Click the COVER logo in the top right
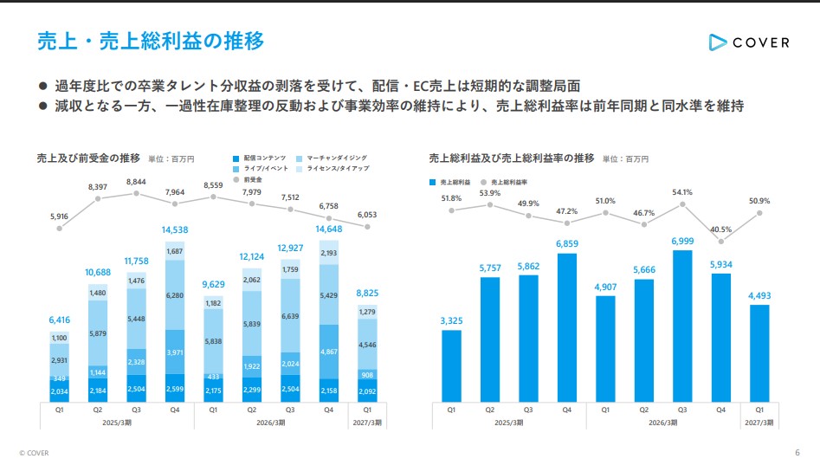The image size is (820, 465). coord(749,42)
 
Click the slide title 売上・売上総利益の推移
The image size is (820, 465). coord(151,41)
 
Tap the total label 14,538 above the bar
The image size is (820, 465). coord(175,229)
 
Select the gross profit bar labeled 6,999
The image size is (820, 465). coord(682,326)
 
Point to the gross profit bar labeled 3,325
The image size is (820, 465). coord(451,366)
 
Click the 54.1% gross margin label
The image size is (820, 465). coord(682,192)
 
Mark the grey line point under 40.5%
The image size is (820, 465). coord(721,242)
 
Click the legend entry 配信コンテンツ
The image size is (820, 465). coord(260,158)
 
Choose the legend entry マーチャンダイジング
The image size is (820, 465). coord(332,158)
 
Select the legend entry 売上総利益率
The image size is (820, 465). coord(504,183)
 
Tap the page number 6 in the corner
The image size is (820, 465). coord(797,453)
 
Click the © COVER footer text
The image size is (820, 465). coord(34,453)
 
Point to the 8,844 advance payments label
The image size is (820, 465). coord(136,182)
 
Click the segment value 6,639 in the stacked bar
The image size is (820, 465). coord(290,316)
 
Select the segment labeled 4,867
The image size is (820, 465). coord(329,352)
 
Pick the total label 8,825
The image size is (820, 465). coord(367,294)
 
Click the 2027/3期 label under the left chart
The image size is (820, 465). coord(367,423)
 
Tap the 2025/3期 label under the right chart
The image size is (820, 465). coord(509,423)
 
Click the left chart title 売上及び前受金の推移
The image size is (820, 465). coord(88,158)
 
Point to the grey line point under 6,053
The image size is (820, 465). coord(367,227)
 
